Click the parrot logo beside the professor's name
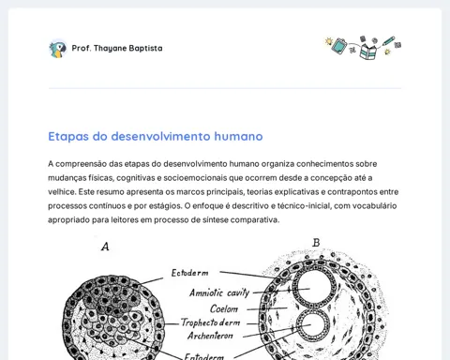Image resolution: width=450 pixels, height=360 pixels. pyautogui.click(x=58, y=49)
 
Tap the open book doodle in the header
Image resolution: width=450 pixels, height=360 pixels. pyautogui.click(x=367, y=52)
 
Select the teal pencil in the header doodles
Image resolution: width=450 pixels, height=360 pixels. pyautogui.click(x=388, y=41)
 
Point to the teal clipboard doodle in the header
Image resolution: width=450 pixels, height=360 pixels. pyautogui.click(x=339, y=46)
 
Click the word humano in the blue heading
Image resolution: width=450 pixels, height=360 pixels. pyautogui.click(x=238, y=136)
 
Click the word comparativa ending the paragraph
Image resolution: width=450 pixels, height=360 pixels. pyautogui.click(x=255, y=220)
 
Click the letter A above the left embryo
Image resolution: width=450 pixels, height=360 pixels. pyautogui.click(x=105, y=247)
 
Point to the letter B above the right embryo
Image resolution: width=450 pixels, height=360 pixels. pyautogui.click(x=316, y=243)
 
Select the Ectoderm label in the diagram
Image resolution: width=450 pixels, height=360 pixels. pyautogui.click(x=189, y=273)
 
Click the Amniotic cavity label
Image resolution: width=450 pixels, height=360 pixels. pyautogui.click(x=219, y=292)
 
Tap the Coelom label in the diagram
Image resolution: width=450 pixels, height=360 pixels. pyautogui.click(x=224, y=308)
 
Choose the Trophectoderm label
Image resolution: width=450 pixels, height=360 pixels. pyautogui.click(x=210, y=322)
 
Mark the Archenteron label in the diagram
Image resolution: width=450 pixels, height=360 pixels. pyautogui.click(x=210, y=336)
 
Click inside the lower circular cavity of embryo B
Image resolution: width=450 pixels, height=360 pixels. pyautogui.click(x=313, y=326)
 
